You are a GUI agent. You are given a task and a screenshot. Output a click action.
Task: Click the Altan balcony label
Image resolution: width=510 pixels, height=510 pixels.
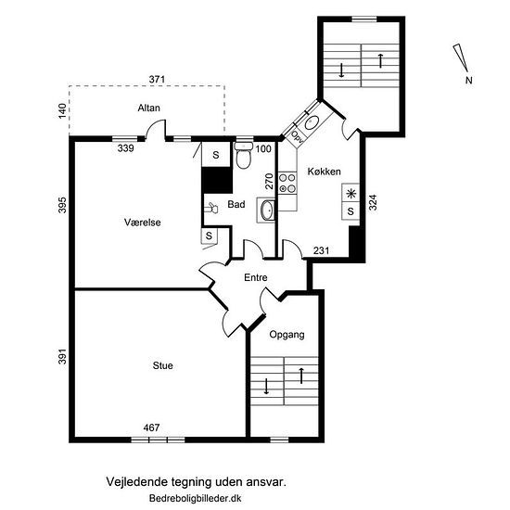click(x=148, y=108)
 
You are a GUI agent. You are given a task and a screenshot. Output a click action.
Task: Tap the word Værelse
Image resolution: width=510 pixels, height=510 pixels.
click(x=143, y=223)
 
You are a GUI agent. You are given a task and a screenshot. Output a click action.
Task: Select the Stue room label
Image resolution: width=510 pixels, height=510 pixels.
click(x=162, y=365)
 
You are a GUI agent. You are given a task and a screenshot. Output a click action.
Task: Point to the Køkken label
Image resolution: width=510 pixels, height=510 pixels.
click(x=324, y=172)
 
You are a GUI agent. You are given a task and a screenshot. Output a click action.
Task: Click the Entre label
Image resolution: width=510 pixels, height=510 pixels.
click(x=256, y=277)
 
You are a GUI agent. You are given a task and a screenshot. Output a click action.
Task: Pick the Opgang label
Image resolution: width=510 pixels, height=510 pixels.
click(x=287, y=335)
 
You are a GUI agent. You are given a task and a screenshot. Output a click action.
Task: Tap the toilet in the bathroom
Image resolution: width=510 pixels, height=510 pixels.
click(x=243, y=156)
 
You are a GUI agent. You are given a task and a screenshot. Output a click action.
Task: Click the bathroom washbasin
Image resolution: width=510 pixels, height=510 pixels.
click(x=266, y=210)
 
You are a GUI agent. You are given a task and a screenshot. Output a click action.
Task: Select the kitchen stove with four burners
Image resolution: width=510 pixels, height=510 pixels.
click(x=287, y=183)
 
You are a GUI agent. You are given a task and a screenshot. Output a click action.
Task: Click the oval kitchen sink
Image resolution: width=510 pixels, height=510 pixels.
click(x=312, y=122)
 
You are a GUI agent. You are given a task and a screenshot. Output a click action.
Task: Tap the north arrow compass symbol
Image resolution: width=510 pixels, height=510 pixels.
click(x=461, y=57)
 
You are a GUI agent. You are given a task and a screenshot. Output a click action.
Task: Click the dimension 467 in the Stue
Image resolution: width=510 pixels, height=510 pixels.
click(x=151, y=427)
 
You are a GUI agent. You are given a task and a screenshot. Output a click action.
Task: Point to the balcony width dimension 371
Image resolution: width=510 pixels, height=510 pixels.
click(x=157, y=79)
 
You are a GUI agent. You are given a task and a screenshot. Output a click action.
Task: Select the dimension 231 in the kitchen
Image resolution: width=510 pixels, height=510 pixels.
click(x=322, y=250)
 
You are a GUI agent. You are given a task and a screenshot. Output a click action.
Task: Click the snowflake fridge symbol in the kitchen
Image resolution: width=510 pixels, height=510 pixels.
click(x=351, y=194)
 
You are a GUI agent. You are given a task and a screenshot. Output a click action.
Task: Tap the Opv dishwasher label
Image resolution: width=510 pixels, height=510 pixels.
click(x=297, y=136)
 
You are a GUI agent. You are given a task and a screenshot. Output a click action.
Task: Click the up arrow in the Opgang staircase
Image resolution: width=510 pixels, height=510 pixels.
click(x=301, y=376)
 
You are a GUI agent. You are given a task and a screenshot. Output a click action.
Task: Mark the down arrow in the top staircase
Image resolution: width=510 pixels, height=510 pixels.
click(x=341, y=70)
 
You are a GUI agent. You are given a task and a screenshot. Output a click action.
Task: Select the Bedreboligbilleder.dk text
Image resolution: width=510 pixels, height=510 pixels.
click(x=195, y=498)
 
